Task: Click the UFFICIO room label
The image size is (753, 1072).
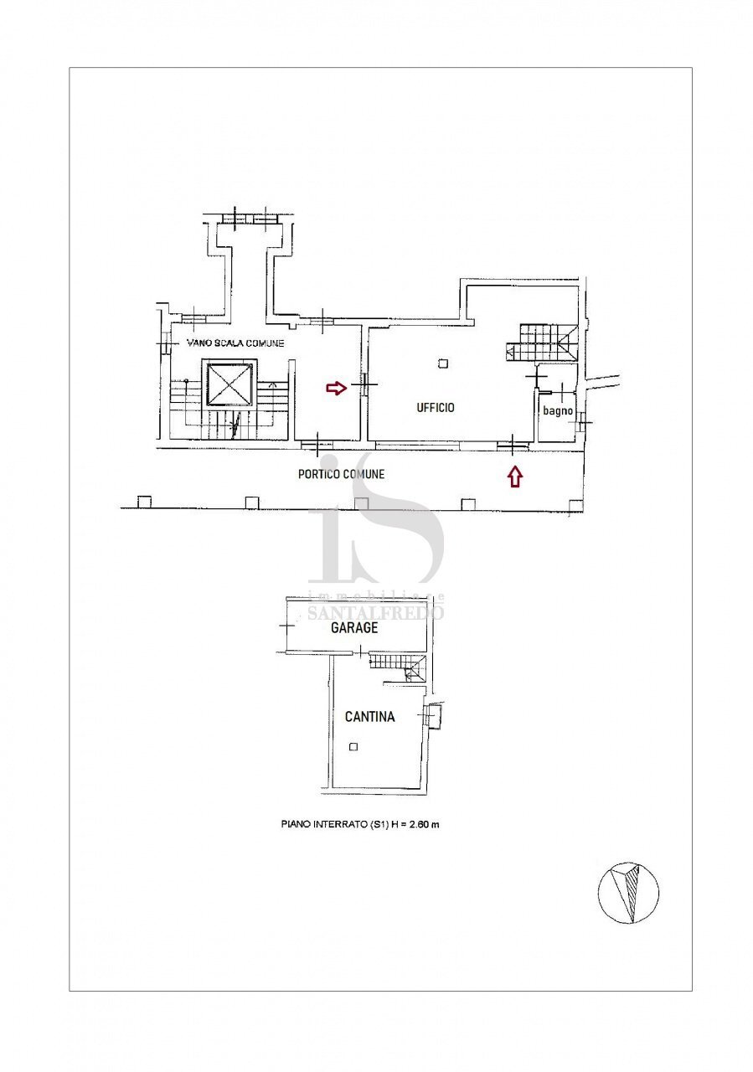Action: click(x=436, y=408)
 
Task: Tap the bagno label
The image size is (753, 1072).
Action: click(x=557, y=411)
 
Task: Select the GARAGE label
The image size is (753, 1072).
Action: click(x=353, y=627)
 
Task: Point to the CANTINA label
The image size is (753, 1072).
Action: click(x=369, y=717)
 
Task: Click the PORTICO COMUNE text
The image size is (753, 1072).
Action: click(x=342, y=474)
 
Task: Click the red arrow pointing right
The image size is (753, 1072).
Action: click(x=335, y=388)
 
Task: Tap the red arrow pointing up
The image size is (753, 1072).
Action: click(x=514, y=477)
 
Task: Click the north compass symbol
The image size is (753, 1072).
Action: click(x=628, y=893)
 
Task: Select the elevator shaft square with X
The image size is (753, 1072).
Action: click(x=229, y=384)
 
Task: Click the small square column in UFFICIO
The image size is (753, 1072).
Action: click(x=443, y=363)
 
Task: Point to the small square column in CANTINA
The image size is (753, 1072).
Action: click(x=354, y=746)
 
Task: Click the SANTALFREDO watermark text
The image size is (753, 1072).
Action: click(x=376, y=612)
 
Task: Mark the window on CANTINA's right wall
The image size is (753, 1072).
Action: click(x=433, y=716)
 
